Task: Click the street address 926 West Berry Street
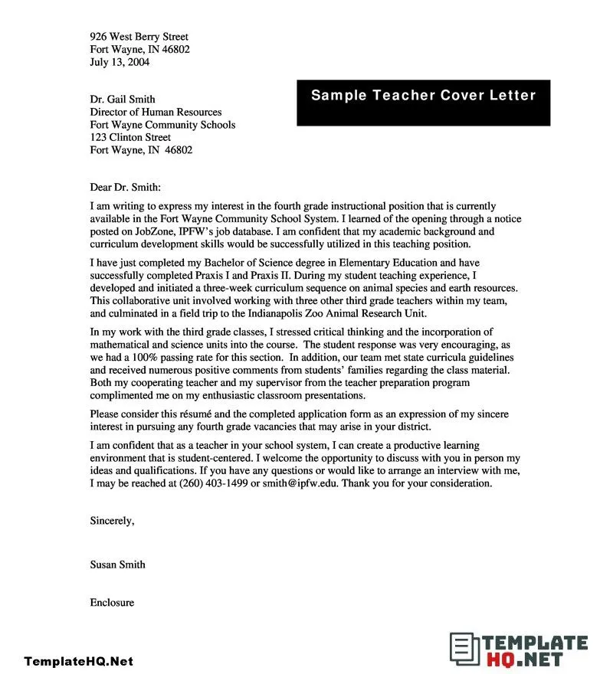(139, 37)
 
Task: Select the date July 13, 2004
(120, 62)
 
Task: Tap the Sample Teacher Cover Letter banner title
(423, 96)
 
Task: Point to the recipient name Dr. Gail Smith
(123, 99)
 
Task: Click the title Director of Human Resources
(156, 112)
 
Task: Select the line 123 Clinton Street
(130, 138)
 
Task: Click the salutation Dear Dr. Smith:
(126, 186)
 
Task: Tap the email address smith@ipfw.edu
(302, 484)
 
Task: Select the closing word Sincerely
(112, 521)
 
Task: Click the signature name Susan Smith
(117, 564)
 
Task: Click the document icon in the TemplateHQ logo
(462, 649)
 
